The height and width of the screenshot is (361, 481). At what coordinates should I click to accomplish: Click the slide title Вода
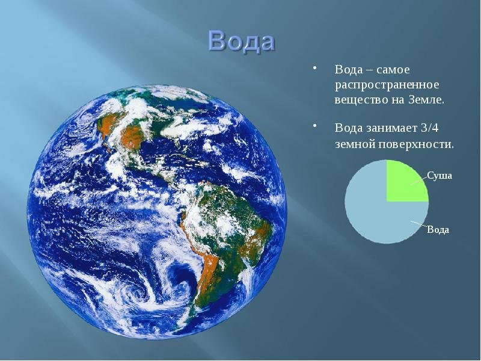pos(241,41)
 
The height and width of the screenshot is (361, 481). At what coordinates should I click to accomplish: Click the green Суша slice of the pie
pos(403,184)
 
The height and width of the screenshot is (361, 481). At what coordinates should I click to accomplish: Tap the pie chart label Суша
pos(440,176)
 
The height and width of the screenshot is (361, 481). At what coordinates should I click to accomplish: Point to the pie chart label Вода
pos(438,230)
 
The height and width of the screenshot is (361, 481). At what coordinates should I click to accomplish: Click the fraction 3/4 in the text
pos(430,128)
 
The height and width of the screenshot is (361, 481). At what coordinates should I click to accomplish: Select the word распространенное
pos(387,85)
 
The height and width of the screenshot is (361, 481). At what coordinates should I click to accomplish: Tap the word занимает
pos(392,128)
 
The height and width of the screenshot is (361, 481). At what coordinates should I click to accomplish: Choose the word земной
pos(354,144)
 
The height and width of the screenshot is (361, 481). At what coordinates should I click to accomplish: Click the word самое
pos(393,70)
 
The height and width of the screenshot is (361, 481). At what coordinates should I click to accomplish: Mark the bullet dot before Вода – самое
pos(314,68)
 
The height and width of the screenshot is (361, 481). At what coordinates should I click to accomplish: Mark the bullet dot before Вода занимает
pos(314,126)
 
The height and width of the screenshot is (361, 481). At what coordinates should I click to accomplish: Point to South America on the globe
pos(224,233)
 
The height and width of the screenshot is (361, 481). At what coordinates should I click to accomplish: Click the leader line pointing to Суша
pos(418,181)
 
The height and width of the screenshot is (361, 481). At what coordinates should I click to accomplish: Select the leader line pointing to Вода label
pos(418,224)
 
